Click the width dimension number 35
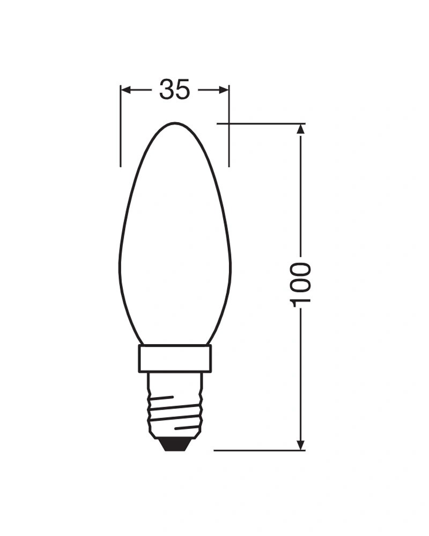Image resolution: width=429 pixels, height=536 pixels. coord(174,90)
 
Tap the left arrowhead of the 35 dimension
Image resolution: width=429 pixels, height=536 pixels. coord(127,90)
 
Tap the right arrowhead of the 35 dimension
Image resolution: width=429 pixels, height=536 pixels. coord(224,90)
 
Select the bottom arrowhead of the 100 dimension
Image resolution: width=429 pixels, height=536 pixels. coord(300,445)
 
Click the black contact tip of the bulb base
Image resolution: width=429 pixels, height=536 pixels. coord(175,445)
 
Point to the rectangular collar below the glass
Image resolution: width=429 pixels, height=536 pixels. coord(174,359)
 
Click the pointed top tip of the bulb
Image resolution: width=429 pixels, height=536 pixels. coord(174,123)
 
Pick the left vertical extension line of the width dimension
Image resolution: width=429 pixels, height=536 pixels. coord(121,126)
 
